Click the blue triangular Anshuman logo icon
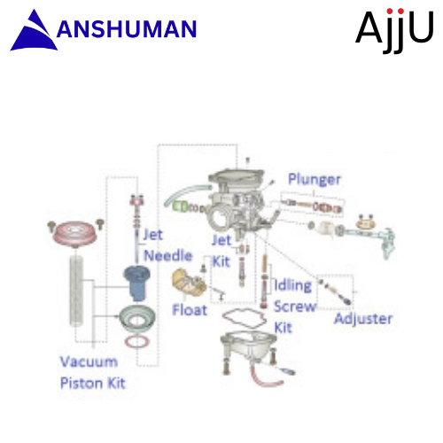click(34, 33)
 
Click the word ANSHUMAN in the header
click(127, 29)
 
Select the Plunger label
click(315, 179)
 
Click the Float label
click(190, 310)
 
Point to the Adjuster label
click(363, 319)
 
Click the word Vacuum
click(89, 361)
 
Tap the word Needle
click(168, 255)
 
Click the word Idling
click(293, 285)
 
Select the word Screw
click(295, 307)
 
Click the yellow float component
click(189, 283)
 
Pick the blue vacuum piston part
click(136, 283)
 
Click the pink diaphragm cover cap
click(75, 233)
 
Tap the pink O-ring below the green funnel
click(136, 342)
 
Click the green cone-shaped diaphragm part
click(137, 319)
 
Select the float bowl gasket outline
click(245, 318)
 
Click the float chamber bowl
click(246, 346)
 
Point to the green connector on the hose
click(180, 206)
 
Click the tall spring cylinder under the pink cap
click(76, 291)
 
